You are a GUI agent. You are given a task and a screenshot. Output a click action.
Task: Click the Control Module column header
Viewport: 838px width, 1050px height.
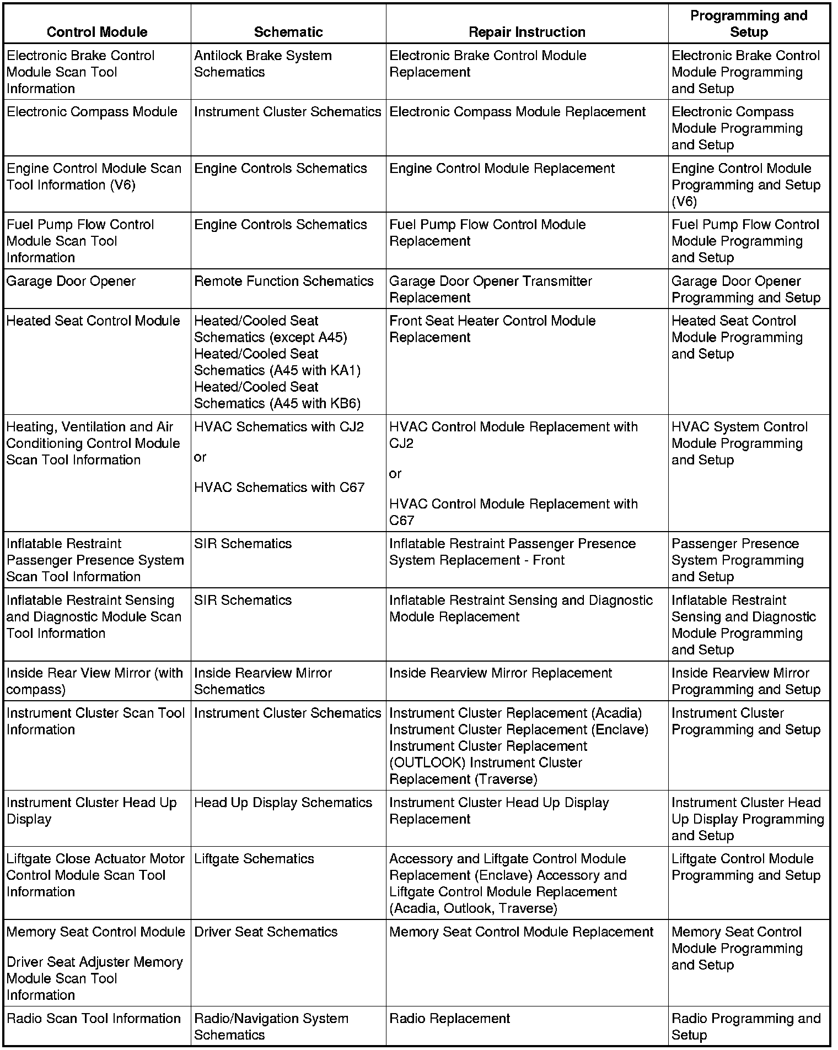pos(97,32)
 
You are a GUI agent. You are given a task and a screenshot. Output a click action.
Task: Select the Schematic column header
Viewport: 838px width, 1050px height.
pos(288,32)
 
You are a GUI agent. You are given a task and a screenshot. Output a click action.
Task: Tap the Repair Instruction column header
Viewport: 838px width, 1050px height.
pos(527,32)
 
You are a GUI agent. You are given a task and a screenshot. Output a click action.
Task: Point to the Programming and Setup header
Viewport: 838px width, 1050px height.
pos(749,24)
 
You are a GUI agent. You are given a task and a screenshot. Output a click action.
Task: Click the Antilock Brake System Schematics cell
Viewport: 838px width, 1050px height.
pos(263,64)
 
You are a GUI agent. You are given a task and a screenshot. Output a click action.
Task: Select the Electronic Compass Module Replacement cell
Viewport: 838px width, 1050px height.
pos(517,112)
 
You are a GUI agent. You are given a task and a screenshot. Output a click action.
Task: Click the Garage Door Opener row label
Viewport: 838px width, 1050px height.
pos(71,282)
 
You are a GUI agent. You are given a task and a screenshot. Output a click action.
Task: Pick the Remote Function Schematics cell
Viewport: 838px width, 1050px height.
pos(284,282)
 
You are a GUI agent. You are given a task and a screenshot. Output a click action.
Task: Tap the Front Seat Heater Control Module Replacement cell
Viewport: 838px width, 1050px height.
pos(492,329)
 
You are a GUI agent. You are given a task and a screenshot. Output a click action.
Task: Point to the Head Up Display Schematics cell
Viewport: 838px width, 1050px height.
pos(283,803)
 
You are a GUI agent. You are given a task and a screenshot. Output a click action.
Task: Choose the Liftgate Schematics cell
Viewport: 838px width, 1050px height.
pos(254,859)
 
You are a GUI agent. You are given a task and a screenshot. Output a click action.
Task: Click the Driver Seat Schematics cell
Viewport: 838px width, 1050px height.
pos(266,932)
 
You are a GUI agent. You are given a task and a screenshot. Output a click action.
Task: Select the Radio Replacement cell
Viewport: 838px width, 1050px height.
pos(449,1019)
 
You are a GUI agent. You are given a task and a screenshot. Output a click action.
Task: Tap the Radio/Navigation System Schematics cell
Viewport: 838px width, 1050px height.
pos(271,1027)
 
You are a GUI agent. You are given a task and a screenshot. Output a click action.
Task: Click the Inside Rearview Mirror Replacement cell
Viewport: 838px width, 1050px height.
pos(501,673)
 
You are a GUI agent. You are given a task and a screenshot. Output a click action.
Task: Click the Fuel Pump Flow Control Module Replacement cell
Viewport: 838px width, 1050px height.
pos(487,233)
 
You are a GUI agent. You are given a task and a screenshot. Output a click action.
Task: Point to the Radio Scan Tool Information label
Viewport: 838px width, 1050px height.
pos(94,1019)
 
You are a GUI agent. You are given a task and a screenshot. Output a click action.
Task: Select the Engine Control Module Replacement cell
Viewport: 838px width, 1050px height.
pos(502,169)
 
